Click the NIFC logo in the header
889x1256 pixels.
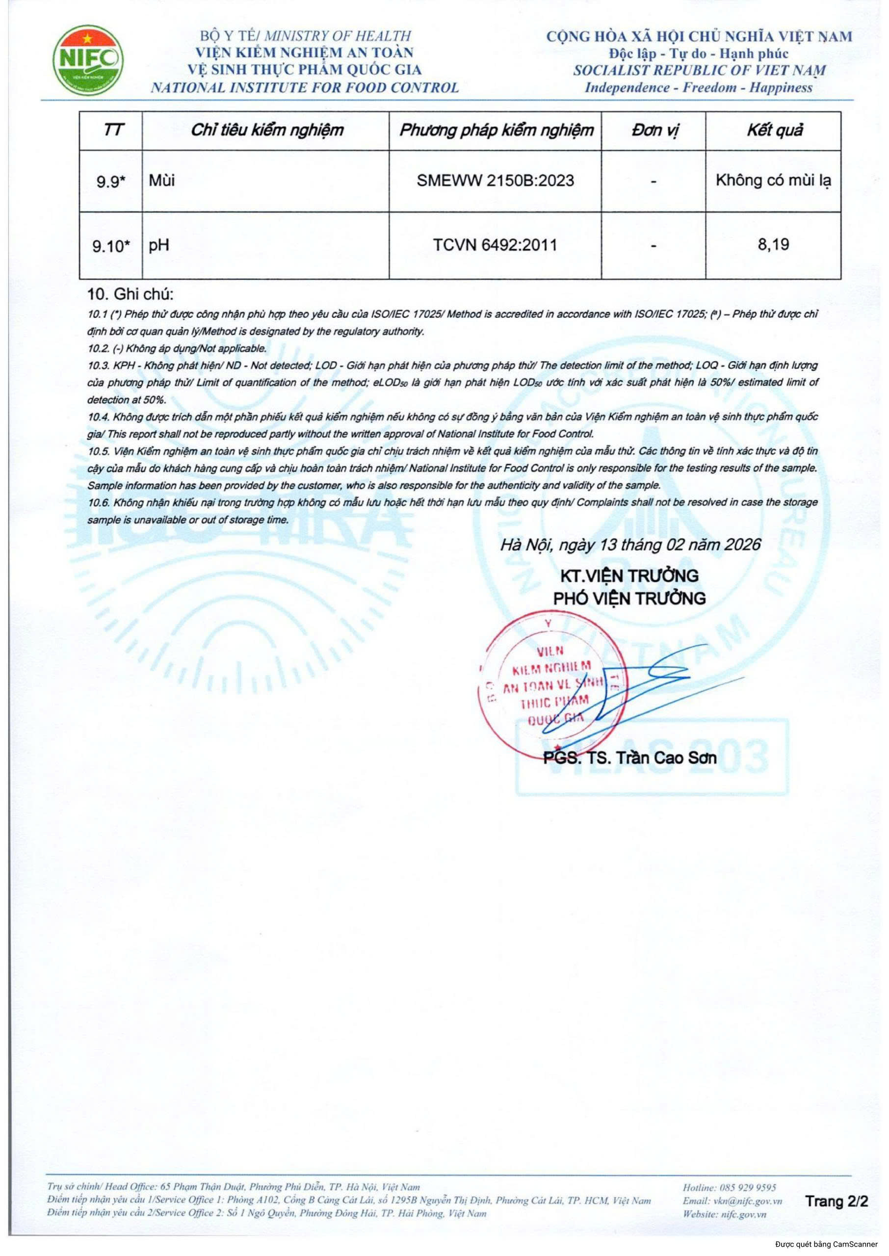(88, 60)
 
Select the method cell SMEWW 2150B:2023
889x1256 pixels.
(495, 181)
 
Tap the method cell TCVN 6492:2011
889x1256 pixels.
(495, 245)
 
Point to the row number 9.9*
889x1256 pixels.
(110, 182)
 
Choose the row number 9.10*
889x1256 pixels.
(110, 246)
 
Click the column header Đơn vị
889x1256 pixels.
(654, 130)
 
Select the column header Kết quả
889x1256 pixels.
(774, 130)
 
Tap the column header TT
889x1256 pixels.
(112, 130)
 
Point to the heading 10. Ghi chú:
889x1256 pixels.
(131, 294)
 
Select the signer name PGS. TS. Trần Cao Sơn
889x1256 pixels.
(629, 758)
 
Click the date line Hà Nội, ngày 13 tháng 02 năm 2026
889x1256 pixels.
(630, 545)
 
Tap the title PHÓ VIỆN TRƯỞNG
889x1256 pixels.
(629, 598)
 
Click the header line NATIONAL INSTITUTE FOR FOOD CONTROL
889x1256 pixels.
(305, 87)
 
